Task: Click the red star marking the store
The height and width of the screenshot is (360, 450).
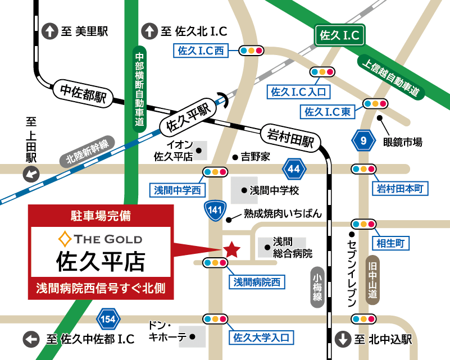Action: point(231,249)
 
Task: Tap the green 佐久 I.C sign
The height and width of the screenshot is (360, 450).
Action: point(339,36)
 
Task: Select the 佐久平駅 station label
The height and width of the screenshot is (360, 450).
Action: point(188,117)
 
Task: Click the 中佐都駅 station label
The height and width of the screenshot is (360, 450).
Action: point(83,93)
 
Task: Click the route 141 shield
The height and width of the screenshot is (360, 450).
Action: point(215,210)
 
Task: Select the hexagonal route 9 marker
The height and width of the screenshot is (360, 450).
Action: point(364,140)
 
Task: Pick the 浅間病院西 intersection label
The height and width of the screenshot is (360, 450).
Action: point(257,281)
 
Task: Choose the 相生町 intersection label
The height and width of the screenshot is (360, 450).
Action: point(391,243)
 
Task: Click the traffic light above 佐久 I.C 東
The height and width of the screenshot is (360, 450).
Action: point(374,104)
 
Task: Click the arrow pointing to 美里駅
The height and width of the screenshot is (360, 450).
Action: point(50,31)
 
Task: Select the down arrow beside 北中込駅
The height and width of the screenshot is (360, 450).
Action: point(342,339)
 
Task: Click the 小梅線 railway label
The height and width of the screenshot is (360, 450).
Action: point(317,287)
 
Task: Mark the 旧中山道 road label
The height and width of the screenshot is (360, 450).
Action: point(372,280)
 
